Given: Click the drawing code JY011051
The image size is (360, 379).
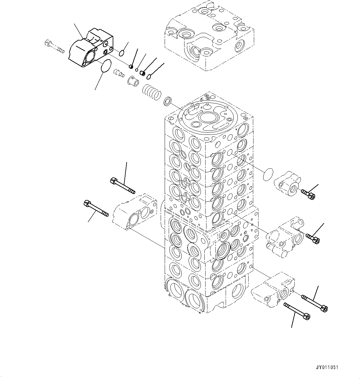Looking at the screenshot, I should (327, 368).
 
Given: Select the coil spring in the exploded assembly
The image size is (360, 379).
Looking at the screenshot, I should (152, 92).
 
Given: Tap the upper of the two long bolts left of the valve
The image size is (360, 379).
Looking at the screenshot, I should (123, 186).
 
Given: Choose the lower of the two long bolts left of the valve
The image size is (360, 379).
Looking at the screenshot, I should (96, 209).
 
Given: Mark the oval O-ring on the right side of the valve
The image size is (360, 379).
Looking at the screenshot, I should (268, 174).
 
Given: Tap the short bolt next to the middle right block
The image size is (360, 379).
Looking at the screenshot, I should (312, 238).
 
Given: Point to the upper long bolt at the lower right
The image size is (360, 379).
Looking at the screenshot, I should (314, 303).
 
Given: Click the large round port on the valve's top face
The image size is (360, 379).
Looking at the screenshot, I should (207, 117).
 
